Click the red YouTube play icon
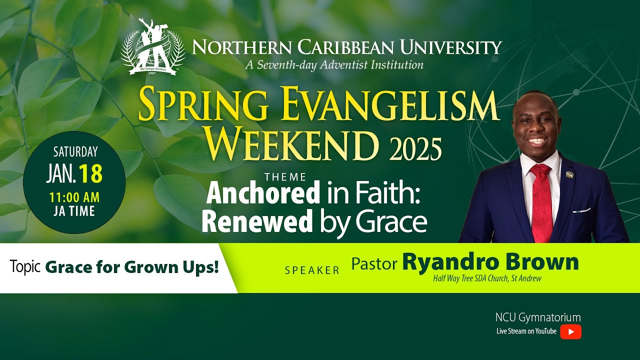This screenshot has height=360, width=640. (x=570, y=331)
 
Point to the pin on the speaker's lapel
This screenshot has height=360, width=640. (x=569, y=174)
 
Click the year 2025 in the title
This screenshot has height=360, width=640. (x=414, y=148)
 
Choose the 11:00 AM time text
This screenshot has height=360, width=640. (x=74, y=196)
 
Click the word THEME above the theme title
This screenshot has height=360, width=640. (x=286, y=176)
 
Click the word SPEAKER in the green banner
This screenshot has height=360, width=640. (x=312, y=270)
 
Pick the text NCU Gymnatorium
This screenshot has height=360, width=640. (x=538, y=317)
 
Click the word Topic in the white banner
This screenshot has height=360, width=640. (x=25, y=267)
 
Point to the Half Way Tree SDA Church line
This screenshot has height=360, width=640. (x=487, y=278)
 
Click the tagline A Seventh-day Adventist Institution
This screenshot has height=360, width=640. (x=334, y=64)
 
